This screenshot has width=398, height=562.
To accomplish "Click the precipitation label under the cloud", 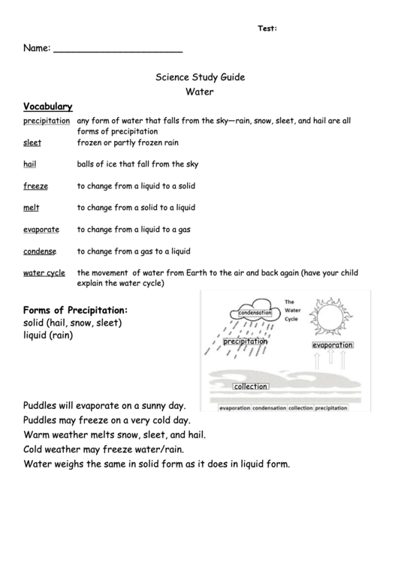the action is [245, 341].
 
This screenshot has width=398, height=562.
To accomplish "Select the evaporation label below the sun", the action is [332, 345].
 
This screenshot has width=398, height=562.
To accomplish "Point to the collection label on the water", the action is [250, 386].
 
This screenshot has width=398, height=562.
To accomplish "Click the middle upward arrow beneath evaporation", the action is [330, 361].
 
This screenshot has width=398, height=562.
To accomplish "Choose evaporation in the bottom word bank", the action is [234, 409].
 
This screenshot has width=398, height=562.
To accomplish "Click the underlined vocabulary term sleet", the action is [32, 143].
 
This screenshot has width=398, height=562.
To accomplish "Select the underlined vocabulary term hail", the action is [30, 164].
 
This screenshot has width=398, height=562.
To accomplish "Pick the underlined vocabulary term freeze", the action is [35, 185].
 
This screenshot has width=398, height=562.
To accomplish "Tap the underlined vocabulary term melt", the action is [31, 207].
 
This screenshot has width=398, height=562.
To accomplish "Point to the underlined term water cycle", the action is [44, 273].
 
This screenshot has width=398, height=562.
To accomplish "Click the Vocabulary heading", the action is [47, 106].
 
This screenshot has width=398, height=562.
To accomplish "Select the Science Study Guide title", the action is [199, 77].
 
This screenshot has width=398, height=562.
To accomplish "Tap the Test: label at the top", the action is [267, 29].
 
